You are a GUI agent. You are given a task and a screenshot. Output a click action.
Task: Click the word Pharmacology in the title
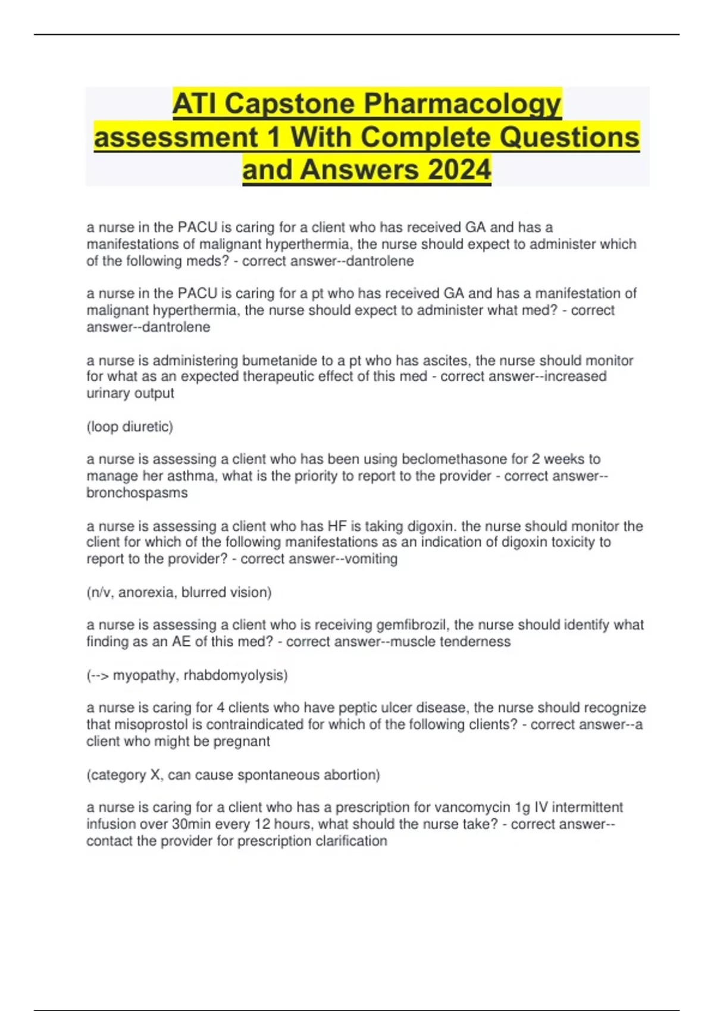462,104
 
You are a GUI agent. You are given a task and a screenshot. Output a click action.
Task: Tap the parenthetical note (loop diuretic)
130,427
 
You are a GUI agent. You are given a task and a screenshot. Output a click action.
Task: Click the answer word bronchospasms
137,493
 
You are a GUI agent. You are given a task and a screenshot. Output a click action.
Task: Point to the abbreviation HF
334,526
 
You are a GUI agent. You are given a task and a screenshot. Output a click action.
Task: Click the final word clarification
351,841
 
